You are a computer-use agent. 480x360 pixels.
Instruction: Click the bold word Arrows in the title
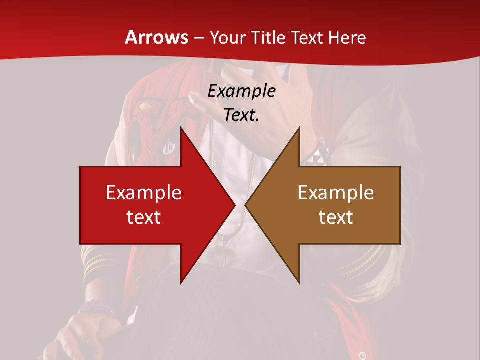pyautogui.click(x=156, y=37)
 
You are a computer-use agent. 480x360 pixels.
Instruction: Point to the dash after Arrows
pyautogui.click(x=198, y=38)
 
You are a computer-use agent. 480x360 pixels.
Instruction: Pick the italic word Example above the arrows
pyautogui.click(x=241, y=91)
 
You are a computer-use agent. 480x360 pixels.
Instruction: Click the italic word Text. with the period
pyautogui.click(x=241, y=115)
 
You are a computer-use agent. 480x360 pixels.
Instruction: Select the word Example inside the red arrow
pyautogui.click(x=143, y=192)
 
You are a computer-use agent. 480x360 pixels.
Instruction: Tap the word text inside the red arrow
pyautogui.click(x=143, y=217)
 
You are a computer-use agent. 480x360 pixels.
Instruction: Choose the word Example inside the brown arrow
pyautogui.click(x=336, y=192)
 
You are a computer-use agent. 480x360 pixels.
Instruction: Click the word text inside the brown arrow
pyautogui.click(x=336, y=217)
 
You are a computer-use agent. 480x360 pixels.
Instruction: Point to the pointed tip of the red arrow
pyautogui.click(x=235, y=204)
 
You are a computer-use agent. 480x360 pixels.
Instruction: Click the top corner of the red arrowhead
pyautogui.click(x=181, y=127)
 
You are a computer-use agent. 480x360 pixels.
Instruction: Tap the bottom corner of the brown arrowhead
pyautogui.click(x=299, y=282)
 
